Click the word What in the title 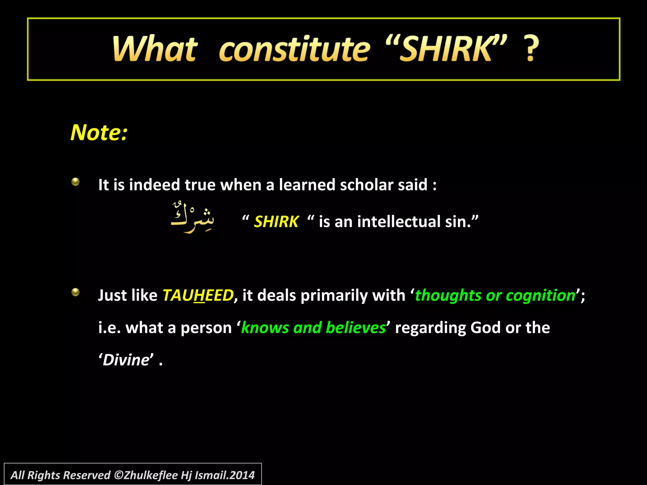155,49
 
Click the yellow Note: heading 99,132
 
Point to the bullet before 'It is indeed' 75,182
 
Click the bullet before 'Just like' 75,292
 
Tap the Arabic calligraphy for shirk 192,217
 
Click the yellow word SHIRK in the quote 276,222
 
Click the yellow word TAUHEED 198,296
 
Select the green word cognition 541,296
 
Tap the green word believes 356,328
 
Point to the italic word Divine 126,360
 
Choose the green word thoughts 448,296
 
